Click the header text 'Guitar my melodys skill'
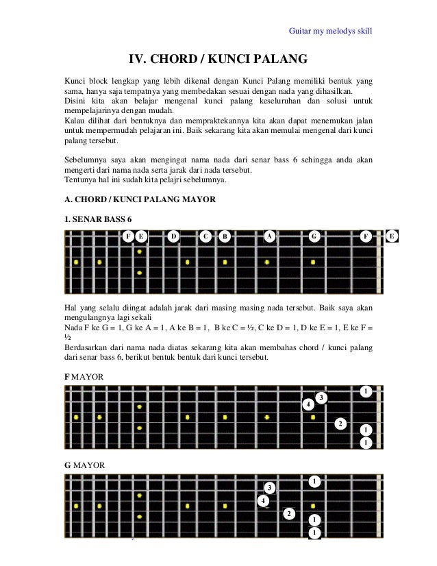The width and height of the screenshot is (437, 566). coord(330,31)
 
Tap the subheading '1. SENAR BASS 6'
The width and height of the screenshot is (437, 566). coord(97,219)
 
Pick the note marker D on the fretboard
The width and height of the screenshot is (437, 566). coord(174,237)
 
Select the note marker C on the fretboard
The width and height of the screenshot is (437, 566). coord(205,237)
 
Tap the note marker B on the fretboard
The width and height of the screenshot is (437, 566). coord(224,237)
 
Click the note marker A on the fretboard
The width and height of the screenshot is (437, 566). coord(270,236)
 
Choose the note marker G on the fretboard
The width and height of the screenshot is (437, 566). coord(314,237)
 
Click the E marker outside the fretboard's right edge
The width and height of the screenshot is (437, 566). coord(392,236)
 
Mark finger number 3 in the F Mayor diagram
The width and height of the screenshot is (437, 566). coord(322,398)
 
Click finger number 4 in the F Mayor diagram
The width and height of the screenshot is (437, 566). coord(309,405)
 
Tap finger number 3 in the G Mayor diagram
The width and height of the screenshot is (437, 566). coord(270,487)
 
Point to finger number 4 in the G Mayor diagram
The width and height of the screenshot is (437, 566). coord(264,501)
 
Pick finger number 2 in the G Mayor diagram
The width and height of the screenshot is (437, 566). coord(290,513)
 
